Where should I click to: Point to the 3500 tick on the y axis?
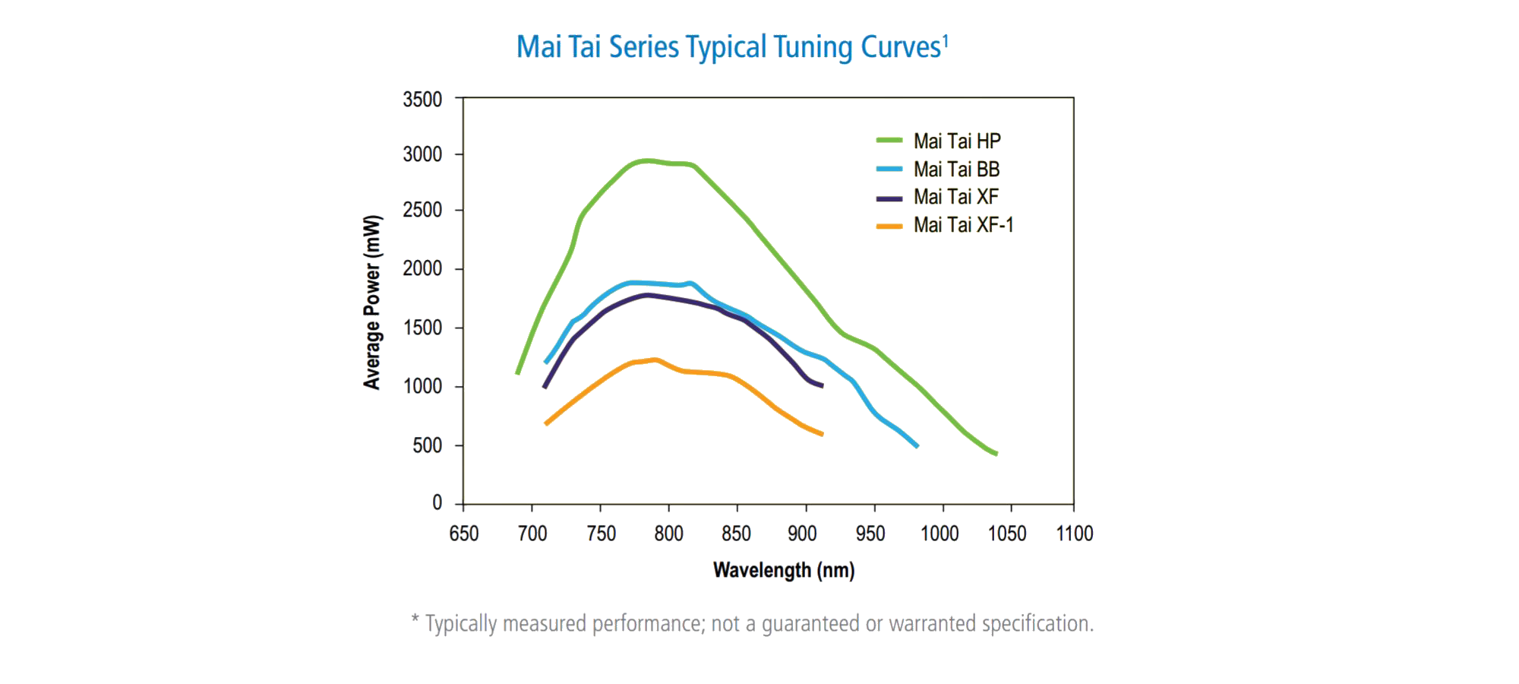coord(422,100)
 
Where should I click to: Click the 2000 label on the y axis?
coord(422,268)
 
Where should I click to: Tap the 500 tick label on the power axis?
coord(427,445)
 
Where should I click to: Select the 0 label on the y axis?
coord(437,502)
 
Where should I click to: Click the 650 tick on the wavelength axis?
coord(464,534)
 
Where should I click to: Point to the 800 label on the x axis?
coord(668,534)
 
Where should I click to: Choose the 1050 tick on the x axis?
coord(1006,534)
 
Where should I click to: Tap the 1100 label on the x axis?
coord(1074,534)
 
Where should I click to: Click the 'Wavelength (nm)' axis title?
coord(784,570)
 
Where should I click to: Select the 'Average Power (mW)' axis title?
coord(371,302)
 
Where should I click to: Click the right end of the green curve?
coord(996,454)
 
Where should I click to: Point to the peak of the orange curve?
coord(655,359)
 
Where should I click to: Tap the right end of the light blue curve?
coord(917,446)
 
